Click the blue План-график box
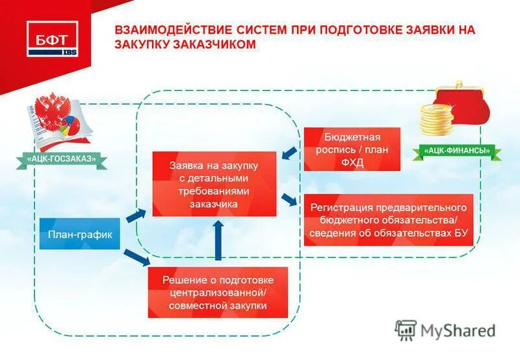[x=80, y=235]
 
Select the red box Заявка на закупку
[x=214, y=184]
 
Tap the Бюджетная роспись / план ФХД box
[x=352, y=149]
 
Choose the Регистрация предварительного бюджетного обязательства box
[x=388, y=220]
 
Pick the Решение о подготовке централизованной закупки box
[x=217, y=292]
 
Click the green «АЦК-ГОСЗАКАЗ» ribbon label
[x=62, y=158]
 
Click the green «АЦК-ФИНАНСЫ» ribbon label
[x=457, y=151]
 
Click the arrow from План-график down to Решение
[x=136, y=256]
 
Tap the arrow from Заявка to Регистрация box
[x=290, y=199]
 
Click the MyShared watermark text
[x=458, y=330]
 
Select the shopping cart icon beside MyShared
[x=406, y=330]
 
